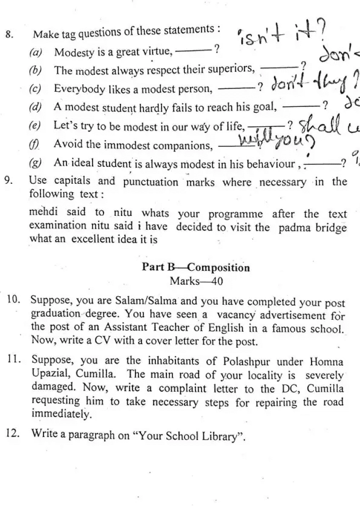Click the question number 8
click(8, 34)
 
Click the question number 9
click(8, 181)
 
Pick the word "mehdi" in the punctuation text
click(42, 213)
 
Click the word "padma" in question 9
click(293, 227)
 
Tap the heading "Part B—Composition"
click(195, 267)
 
